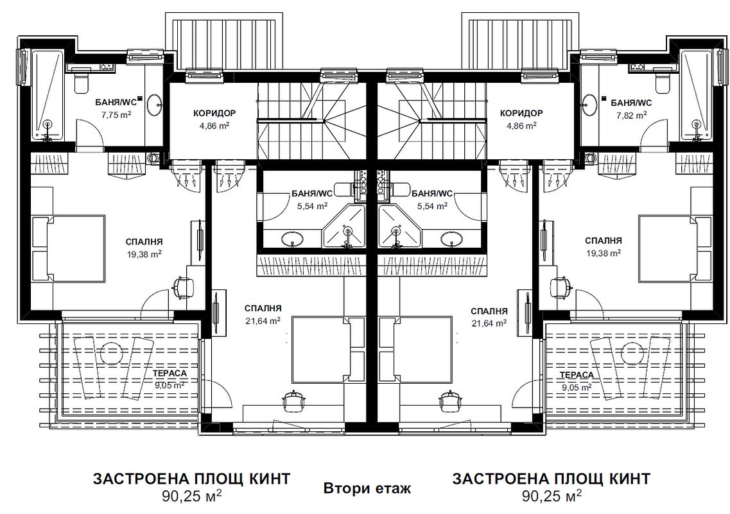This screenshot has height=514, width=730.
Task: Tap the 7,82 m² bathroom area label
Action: pos(632,114)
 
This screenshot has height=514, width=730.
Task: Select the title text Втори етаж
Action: pos(367,489)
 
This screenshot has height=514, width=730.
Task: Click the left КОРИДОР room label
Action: pos(214,113)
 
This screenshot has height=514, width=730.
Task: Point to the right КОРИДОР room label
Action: pos(521,113)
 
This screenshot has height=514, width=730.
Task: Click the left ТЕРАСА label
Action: pos(169,373)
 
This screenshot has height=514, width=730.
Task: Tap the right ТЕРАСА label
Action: pos(577,375)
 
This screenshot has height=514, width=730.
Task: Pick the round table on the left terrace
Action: pos(110,351)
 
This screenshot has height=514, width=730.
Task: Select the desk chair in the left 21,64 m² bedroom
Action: pos(294,398)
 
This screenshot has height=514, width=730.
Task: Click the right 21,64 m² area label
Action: pos(490,323)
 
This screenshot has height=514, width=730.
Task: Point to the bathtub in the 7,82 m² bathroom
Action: pos(697,95)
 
